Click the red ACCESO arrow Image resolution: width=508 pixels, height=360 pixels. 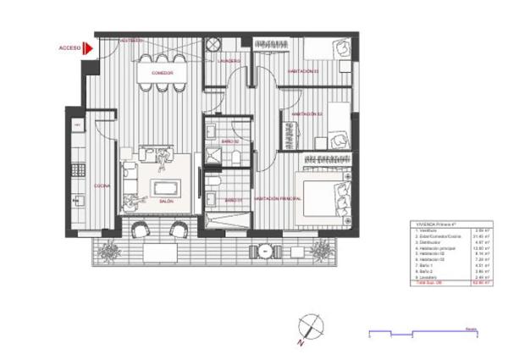pos(87,49)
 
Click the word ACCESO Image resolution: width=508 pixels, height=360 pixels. pos(69,49)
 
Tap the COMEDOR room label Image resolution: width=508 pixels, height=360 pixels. pos(163,73)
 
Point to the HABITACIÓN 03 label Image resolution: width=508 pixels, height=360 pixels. pos(302,71)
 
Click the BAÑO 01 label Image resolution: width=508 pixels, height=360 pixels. pos(234,200)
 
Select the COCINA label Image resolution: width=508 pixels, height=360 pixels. pos(101,186)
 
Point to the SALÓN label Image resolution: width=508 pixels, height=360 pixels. pos(167,202)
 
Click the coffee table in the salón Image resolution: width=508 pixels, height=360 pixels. pos(165,187)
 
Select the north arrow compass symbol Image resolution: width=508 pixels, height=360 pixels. pos(309,324)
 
